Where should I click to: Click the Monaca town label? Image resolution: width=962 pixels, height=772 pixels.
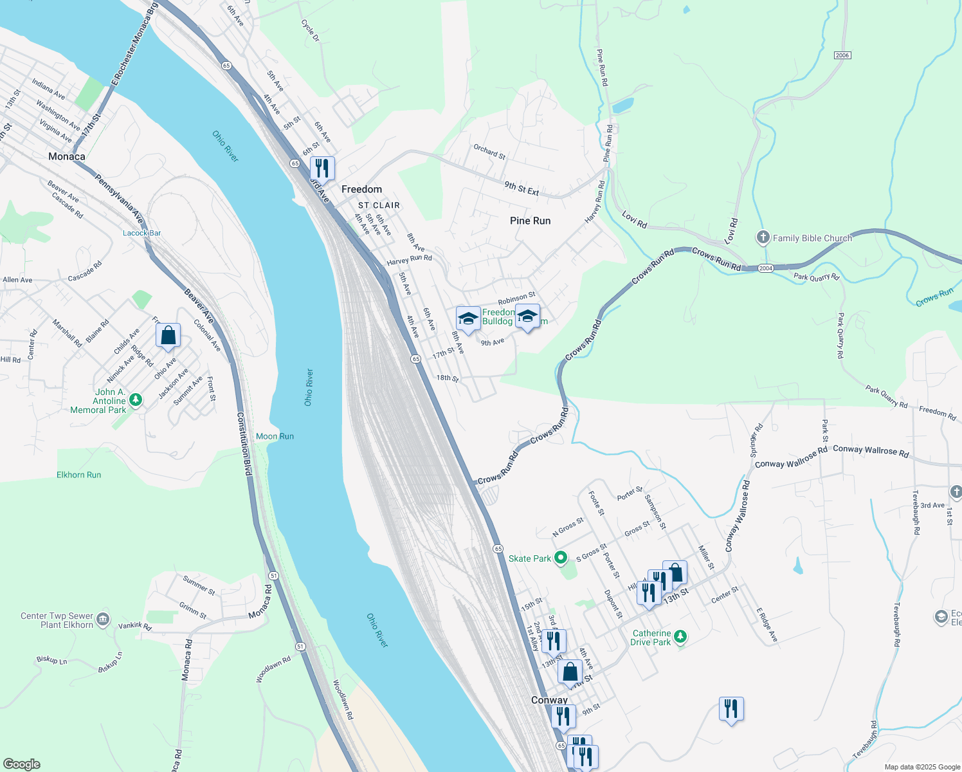pyautogui.click(x=67, y=156)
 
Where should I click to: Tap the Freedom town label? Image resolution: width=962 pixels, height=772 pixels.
pyautogui.click(x=361, y=189)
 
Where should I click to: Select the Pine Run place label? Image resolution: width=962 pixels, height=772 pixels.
pyautogui.click(x=530, y=221)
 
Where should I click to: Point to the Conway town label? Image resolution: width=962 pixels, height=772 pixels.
pyautogui.click(x=549, y=700)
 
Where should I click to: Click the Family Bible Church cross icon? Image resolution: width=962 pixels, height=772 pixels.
pyautogui.click(x=763, y=238)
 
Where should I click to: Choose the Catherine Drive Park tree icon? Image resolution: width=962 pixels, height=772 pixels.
pyautogui.click(x=680, y=637)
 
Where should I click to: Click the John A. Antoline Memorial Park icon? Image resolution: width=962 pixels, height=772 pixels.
pyautogui.click(x=135, y=400)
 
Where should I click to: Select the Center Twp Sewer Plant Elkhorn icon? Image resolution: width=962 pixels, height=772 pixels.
pyautogui.click(x=103, y=620)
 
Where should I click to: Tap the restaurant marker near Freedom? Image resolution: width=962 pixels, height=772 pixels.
pyautogui.click(x=322, y=169)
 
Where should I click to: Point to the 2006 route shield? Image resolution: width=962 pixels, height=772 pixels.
pyautogui.click(x=842, y=55)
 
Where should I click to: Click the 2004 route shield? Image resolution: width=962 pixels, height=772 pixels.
pyautogui.click(x=765, y=268)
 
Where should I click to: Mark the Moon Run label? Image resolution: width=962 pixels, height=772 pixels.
pyautogui.click(x=275, y=436)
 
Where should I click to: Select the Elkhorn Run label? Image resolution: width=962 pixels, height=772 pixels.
pyautogui.click(x=78, y=475)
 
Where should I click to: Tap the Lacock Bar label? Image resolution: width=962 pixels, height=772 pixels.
pyautogui.click(x=141, y=233)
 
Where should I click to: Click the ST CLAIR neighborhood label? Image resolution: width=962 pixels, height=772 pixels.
pyautogui.click(x=379, y=205)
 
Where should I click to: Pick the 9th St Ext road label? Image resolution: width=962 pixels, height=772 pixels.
pyautogui.click(x=522, y=188)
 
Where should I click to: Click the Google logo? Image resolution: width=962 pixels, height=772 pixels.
pyautogui.click(x=21, y=764)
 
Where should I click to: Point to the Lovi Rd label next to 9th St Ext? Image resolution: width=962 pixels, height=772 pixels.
pyautogui.click(x=634, y=220)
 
